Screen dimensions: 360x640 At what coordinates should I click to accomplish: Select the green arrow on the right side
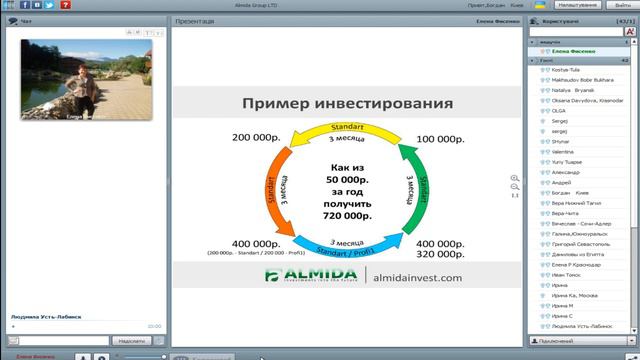tap(409, 185)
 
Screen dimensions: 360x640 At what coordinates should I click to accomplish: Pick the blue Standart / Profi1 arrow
tap(345, 244)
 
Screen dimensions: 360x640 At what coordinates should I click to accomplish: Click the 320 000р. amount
tap(439, 254)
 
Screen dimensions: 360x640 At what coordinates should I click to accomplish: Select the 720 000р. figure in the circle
tap(346, 214)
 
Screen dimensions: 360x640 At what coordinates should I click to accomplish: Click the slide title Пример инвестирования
tap(347, 103)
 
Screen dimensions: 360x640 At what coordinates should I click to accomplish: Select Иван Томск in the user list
tap(566, 274)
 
